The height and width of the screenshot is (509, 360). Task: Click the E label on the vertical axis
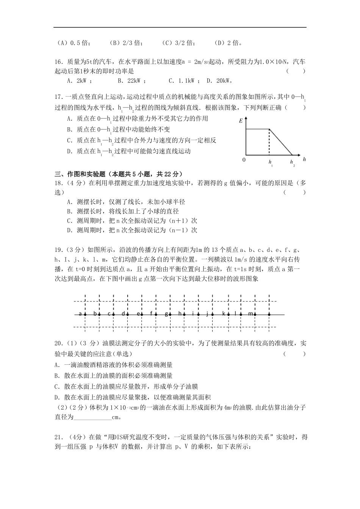point(241,121)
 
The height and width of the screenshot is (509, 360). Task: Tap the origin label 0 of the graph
point(244,160)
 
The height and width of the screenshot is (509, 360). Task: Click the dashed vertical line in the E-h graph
point(269,142)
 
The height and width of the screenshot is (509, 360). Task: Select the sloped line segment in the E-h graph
point(281,142)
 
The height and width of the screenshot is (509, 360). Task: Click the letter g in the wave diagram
point(166,314)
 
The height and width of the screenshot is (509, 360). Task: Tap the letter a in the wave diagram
point(80,314)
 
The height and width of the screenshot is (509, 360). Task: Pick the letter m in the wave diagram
point(250,314)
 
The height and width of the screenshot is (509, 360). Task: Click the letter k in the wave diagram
point(224,314)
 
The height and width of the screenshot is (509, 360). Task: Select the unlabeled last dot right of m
point(269,314)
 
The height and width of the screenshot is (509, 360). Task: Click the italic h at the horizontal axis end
point(304,159)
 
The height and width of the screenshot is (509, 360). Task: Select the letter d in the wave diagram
point(123,314)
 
